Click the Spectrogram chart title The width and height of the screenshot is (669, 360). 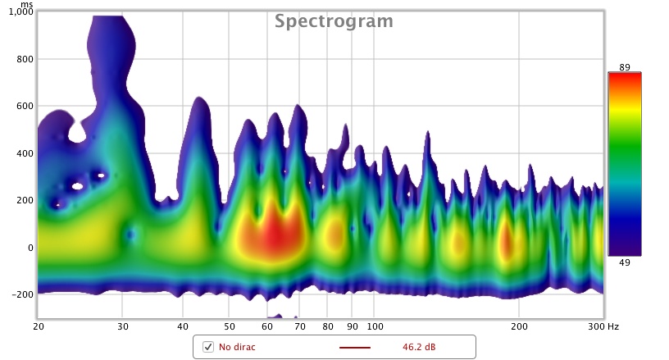pos(334,21)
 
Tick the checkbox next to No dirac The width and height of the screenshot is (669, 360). pos(208,347)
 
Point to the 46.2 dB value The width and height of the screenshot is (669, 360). pos(419,347)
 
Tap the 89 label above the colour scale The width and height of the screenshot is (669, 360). pos(624,66)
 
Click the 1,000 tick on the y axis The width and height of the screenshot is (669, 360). pos(20,13)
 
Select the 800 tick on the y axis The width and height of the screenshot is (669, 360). pos(25,60)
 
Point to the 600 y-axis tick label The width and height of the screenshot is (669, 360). pos(25,107)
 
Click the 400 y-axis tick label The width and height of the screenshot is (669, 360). pos(25,153)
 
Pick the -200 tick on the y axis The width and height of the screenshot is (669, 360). pos(22,294)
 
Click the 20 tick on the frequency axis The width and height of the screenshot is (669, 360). pos(39,326)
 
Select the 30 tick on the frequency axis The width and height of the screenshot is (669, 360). pos(122,326)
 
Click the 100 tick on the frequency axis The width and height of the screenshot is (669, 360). pos(373,326)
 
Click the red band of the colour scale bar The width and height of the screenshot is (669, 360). pos(624,79)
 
